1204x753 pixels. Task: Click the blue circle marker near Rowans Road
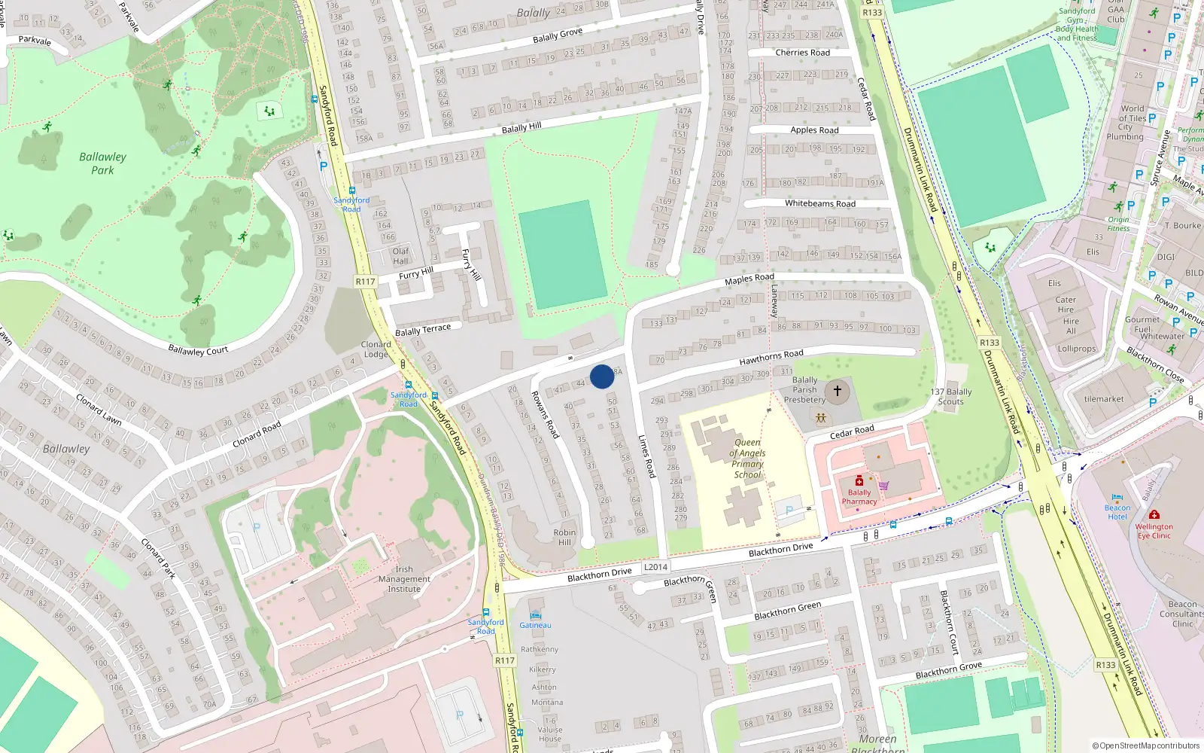point(602,376)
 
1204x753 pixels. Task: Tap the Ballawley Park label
point(102,163)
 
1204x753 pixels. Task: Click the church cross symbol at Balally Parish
point(837,391)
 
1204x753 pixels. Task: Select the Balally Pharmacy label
point(859,497)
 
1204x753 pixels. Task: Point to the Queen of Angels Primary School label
point(747,459)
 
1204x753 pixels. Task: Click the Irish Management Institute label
point(404,579)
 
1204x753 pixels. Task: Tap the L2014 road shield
point(655,567)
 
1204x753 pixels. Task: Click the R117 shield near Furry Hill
point(365,282)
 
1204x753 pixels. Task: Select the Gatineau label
point(535,625)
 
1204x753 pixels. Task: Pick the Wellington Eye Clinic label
point(1154,531)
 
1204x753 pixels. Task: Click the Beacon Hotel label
point(1117,512)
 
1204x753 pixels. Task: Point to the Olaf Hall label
point(401,256)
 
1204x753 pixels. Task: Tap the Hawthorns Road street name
point(771,357)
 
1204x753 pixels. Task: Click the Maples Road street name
point(749,279)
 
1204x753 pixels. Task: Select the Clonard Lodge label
point(375,349)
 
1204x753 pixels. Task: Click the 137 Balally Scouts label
point(951,396)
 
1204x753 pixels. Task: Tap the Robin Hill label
point(564,537)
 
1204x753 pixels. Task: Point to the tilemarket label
point(1104,399)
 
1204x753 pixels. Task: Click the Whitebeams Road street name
point(819,203)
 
